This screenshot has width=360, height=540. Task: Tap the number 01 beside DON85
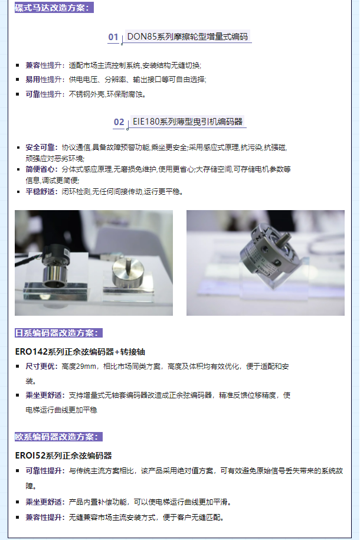[113, 37]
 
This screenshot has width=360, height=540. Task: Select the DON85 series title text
[188, 37]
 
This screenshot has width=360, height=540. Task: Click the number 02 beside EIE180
[119, 122]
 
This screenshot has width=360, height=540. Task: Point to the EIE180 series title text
[188, 122]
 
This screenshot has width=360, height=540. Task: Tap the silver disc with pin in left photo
[128, 271]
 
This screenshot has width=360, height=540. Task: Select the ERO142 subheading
[80, 352]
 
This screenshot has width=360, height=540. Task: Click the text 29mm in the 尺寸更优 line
[87, 366]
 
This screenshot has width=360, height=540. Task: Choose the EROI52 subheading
[63, 456]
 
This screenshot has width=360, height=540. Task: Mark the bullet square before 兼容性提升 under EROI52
[18, 517]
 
